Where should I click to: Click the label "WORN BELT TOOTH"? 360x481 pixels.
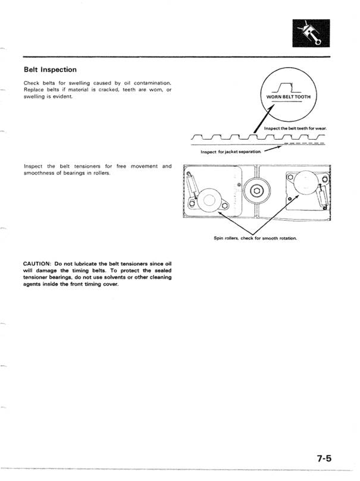(288, 97)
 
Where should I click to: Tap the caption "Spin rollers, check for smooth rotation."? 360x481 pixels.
(255, 238)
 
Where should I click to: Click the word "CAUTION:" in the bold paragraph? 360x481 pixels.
(37, 263)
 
